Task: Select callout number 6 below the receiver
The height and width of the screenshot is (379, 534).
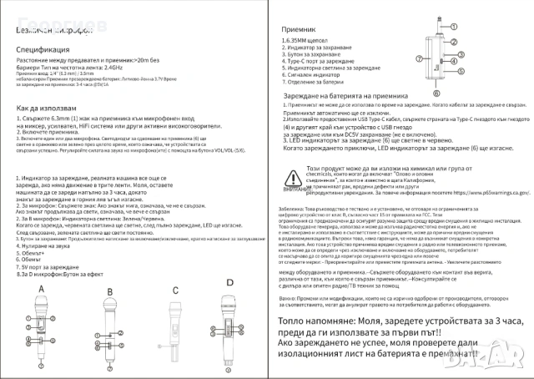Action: (435, 95)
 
